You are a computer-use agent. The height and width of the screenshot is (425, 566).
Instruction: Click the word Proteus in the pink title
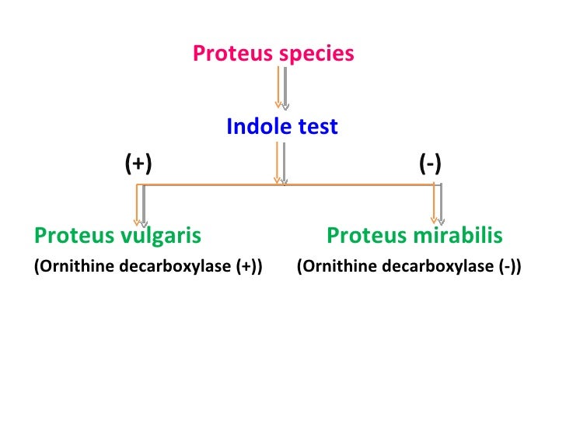[226, 54]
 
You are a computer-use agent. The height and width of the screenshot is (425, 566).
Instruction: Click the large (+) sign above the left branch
[138, 164]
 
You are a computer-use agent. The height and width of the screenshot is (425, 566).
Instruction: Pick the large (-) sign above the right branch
[430, 164]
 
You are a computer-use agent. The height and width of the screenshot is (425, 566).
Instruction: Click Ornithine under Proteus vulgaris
[64, 267]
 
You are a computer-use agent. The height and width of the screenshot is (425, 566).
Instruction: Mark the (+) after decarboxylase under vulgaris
[248, 267]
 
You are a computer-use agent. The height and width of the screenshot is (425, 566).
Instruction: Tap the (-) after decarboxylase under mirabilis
[510, 267]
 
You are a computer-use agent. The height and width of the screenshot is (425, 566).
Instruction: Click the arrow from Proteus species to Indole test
[280, 87]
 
